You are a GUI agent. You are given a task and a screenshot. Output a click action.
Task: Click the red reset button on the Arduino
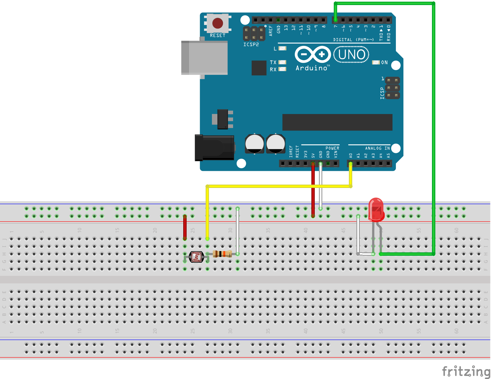[217, 23]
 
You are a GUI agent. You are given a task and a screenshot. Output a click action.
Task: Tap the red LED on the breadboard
[376, 209]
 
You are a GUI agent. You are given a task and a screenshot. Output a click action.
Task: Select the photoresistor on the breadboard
[196, 257]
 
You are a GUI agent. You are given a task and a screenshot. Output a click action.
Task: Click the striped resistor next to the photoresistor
[222, 254]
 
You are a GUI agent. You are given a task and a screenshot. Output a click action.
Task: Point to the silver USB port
[204, 58]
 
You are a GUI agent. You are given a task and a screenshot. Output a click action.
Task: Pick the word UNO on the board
[351, 55]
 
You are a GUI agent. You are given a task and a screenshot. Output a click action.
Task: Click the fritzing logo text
[466, 371]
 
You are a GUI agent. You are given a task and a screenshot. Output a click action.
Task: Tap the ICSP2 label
[251, 45]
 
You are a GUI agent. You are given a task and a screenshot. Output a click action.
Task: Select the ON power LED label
[384, 62]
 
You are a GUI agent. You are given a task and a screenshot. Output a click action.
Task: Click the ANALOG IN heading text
[377, 148]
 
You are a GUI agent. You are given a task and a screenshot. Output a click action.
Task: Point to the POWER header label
[332, 148]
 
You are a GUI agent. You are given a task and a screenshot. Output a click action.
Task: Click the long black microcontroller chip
[337, 122]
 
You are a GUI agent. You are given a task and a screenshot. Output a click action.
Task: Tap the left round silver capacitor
[254, 144]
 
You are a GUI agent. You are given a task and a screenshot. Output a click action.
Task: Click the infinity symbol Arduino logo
[313, 54]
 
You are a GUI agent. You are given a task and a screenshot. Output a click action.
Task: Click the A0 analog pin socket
[351, 163]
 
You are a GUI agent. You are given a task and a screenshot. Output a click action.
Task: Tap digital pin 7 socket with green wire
[335, 20]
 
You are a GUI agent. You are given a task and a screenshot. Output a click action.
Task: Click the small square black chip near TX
[259, 68]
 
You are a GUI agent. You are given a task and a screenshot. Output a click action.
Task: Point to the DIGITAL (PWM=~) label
[353, 40]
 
